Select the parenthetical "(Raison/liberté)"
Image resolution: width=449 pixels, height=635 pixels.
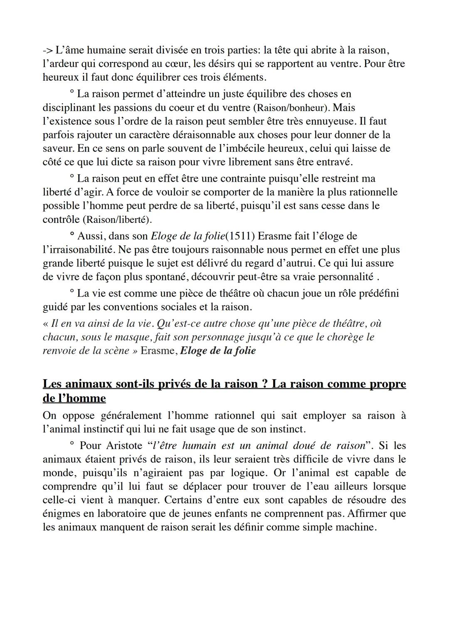(x=118, y=220)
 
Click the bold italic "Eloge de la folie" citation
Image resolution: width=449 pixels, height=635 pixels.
(x=218, y=351)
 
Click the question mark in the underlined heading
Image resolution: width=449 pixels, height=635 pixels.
(x=264, y=383)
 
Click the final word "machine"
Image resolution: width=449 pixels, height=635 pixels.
(x=356, y=527)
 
